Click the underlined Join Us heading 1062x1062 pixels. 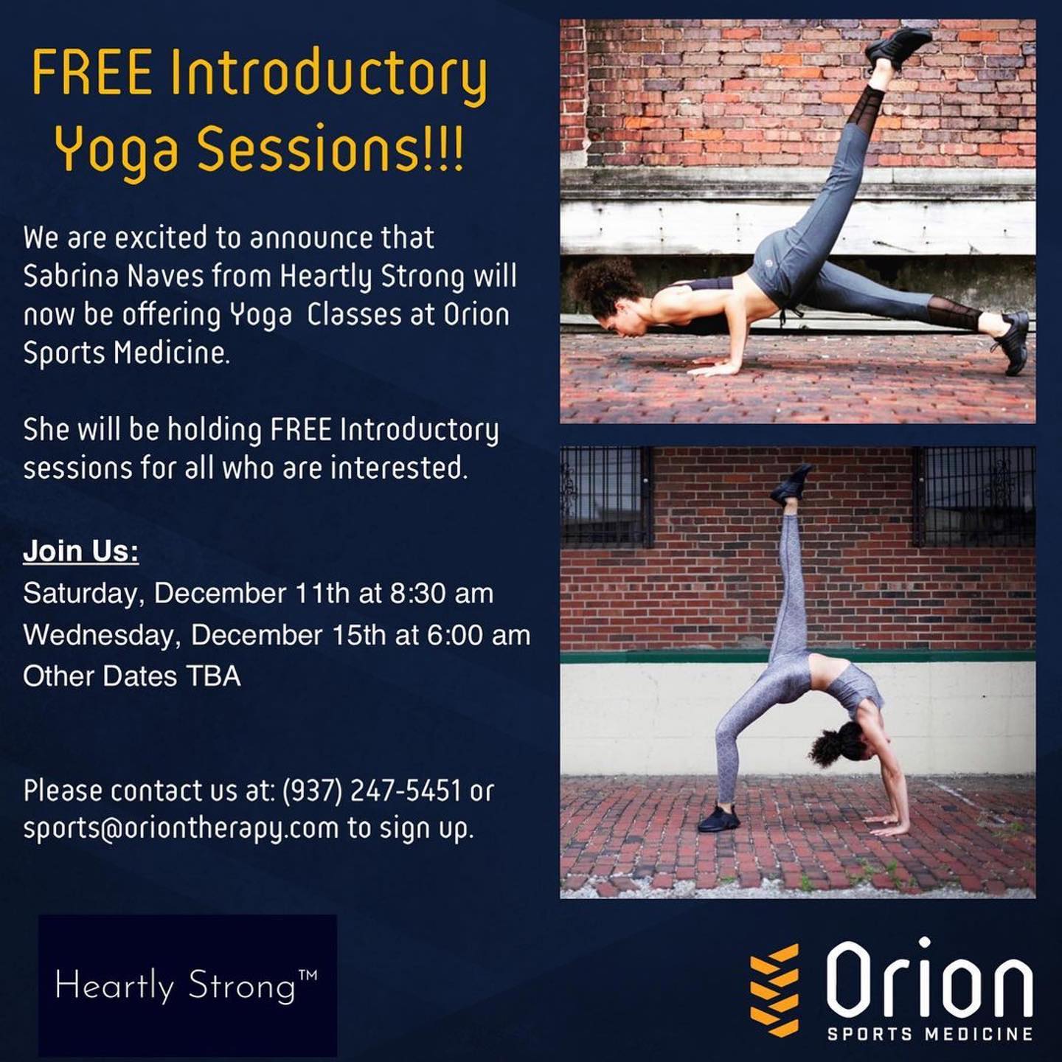point(80,552)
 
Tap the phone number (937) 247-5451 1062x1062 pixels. point(372,791)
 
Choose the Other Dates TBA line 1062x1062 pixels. point(132,676)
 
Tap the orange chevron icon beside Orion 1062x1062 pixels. point(774,988)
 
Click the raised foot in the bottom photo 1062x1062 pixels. point(791,483)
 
